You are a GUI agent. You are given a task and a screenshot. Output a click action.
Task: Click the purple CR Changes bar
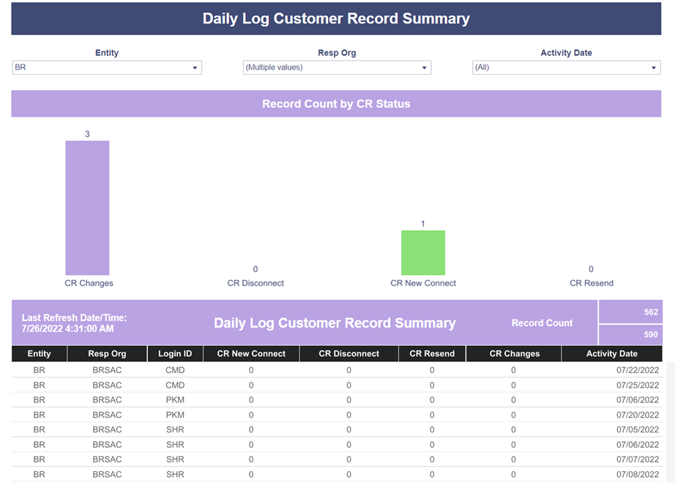click(87, 207)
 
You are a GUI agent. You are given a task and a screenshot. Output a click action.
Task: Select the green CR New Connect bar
click(423, 252)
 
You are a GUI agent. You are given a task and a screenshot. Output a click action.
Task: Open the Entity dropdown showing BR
click(107, 67)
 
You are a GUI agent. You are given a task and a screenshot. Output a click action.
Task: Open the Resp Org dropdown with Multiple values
click(337, 67)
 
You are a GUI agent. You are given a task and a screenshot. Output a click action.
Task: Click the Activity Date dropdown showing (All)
click(566, 67)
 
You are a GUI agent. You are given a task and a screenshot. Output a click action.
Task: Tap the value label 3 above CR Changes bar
click(87, 134)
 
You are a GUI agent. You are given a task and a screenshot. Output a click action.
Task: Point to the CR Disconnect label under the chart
click(256, 283)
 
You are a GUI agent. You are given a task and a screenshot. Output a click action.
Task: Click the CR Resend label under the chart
click(592, 283)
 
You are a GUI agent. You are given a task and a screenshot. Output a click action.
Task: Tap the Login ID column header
click(175, 354)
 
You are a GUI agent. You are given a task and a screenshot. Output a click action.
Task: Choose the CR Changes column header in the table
click(514, 354)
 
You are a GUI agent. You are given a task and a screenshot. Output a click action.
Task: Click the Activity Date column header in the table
click(612, 354)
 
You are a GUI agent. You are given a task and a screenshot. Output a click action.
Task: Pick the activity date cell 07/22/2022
click(638, 370)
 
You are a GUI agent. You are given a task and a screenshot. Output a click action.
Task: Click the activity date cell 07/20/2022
click(638, 415)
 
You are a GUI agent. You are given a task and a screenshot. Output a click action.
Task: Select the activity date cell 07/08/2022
click(638, 474)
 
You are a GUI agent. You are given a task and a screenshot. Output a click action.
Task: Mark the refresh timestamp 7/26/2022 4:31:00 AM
click(67, 329)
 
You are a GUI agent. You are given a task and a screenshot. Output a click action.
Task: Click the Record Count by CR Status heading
click(336, 104)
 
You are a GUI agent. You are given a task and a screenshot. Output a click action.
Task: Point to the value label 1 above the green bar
click(422, 224)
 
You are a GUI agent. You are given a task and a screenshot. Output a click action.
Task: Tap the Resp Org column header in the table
click(107, 354)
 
